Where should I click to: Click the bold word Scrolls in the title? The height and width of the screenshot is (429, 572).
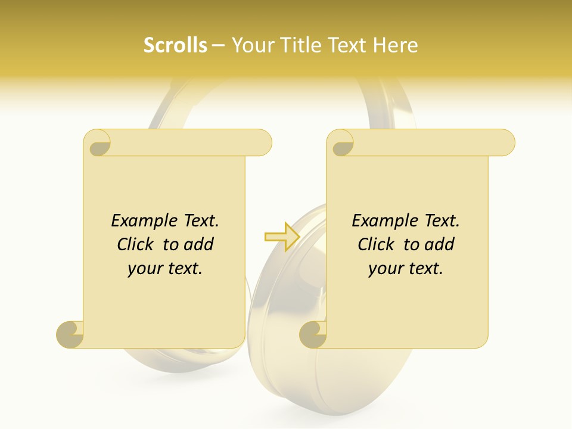click(175, 45)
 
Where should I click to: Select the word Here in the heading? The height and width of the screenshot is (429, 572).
click(395, 45)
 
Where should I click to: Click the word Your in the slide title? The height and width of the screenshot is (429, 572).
click(251, 45)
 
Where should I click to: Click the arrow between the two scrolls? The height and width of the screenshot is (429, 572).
click(282, 237)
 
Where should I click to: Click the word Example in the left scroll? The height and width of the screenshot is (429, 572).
click(141, 221)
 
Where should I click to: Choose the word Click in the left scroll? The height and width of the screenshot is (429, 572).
click(138, 245)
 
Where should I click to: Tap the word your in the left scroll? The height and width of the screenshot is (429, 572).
click(145, 269)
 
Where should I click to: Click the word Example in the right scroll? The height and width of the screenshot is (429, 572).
click(381, 221)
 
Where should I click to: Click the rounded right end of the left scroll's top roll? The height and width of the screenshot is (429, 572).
click(262, 143)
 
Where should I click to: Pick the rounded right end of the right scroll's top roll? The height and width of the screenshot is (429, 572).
click(505, 143)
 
